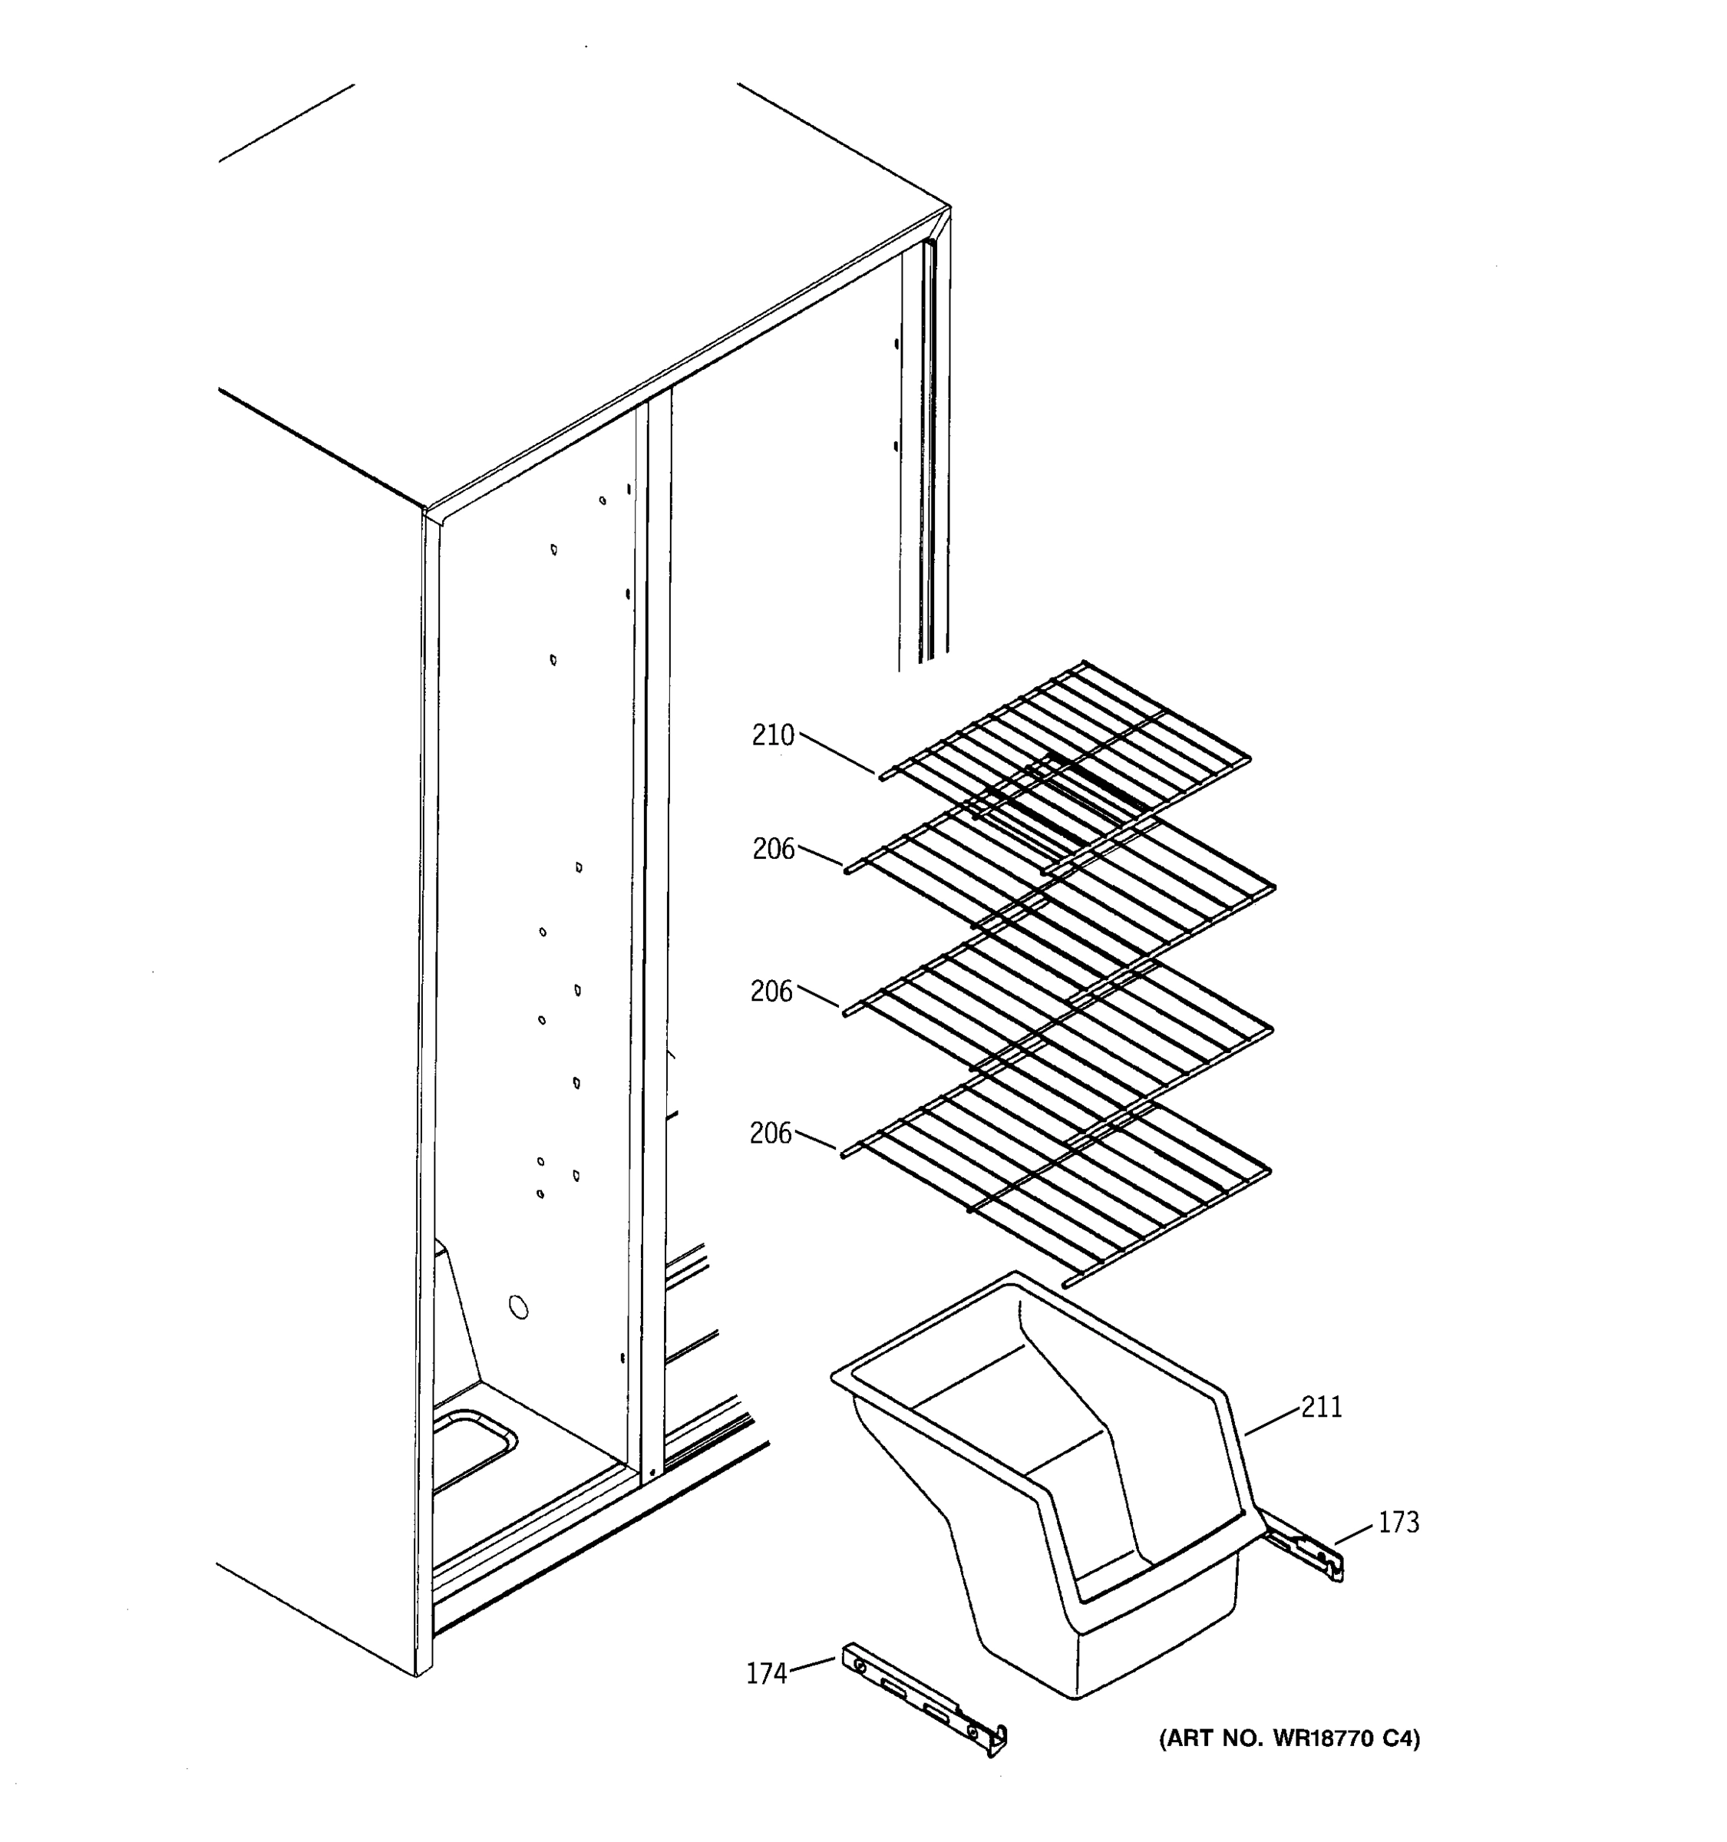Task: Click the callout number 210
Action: pyautogui.click(x=773, y=736)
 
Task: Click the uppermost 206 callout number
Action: pyautogui.click(x=774, y=849)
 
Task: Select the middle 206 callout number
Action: pyautogui.click(x=771, y=992)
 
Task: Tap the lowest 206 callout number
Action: pyautogui.click(x=771, y=1133)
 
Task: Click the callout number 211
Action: pyautogui.click(x=1321, y=1408)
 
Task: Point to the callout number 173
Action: pyautogui.click(x=1398, y=1523)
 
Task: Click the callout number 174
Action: pyautogui.click(x=766, y=1673)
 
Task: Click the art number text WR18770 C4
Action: pyautogui.click(x=1289, y=1739)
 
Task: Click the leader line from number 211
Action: pyautogui.click(x=1272, y=1421)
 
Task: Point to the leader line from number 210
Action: pyautogui.click(x=837, y=753)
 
